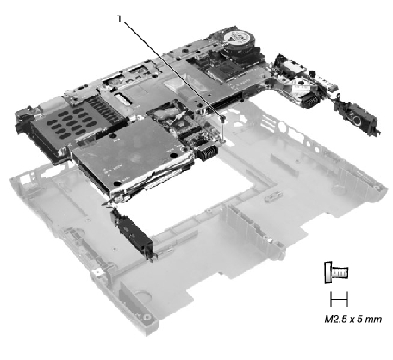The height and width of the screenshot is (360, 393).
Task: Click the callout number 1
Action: click(119, 19)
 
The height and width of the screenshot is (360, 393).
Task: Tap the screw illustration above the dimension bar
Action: click(336, 272)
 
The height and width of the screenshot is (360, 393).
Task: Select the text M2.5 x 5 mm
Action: click(353, 319)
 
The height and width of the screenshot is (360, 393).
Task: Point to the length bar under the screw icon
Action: click(339, 299)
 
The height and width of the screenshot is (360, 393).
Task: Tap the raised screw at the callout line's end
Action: click(222, 117)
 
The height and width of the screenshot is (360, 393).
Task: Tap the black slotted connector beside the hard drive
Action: click(208, 152)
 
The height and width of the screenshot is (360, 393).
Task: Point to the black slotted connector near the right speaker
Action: click(309, 101)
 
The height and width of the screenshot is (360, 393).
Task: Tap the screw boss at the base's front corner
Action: click(147, 317)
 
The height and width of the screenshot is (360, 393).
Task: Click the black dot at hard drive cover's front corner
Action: click(117, 183)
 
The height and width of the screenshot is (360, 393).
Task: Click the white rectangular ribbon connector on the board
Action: click(122, 97)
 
